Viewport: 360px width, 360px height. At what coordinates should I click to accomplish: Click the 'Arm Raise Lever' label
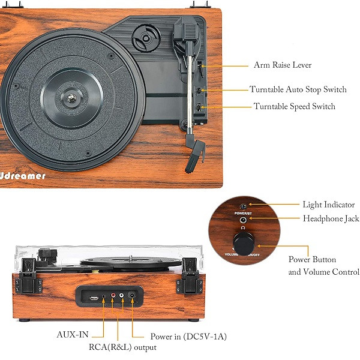(x=283, y=65)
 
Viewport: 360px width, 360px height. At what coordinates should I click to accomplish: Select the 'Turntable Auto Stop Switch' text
(x=298, y=89)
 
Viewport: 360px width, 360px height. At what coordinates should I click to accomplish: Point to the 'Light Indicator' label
(x=328, y=205)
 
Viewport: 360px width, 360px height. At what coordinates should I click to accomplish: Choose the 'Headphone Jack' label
(x=331, y=219)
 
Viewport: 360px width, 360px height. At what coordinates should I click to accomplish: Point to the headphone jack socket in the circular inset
(x=242, y=220)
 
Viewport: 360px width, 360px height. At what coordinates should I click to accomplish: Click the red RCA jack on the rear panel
(x=113, y=295)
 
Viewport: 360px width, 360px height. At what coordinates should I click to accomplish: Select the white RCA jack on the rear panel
(x=122, y=295)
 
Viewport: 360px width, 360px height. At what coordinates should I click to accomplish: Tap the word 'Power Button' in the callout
(x=312, y=260)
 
